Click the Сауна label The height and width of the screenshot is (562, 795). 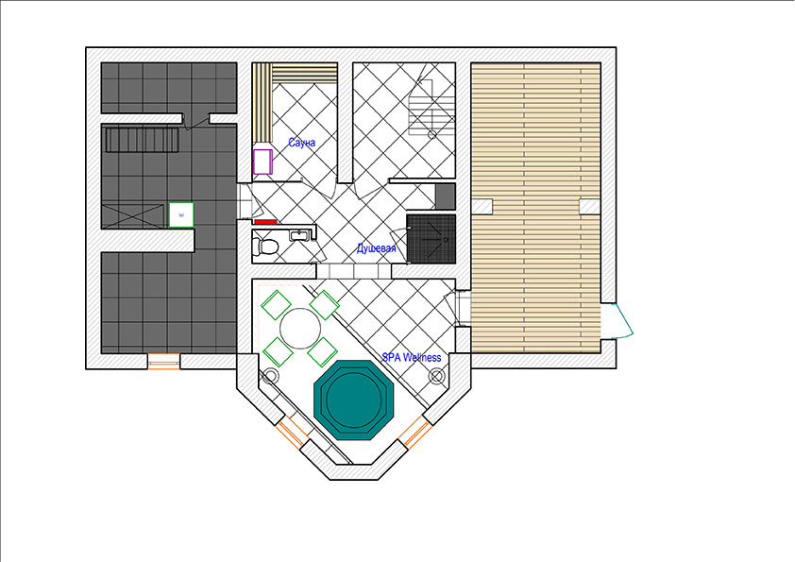tap(302, 143)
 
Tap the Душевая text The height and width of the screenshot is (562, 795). tap(376, 248)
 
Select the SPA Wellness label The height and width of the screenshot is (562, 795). tap(411, 357)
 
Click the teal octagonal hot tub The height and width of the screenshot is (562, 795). tap(354, 400)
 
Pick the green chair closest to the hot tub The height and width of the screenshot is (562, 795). tap(323, 351)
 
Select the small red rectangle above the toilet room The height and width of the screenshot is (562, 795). tap(265, 222)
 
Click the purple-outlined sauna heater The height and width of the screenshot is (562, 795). tap(262, 162)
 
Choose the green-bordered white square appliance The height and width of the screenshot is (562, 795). tap(181, 214)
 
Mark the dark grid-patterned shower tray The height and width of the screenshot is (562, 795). tap(431, 238)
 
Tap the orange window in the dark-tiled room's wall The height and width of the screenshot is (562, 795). tap(163, 361)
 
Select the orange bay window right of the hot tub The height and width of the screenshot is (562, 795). tap(415, 432)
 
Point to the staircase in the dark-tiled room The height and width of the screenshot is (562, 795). tap(142, 140)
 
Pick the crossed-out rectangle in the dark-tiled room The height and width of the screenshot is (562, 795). tap(132, 215)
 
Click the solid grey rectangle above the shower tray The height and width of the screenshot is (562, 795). tap(446, 196)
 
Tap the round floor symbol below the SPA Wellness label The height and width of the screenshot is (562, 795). tap(436, 376)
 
